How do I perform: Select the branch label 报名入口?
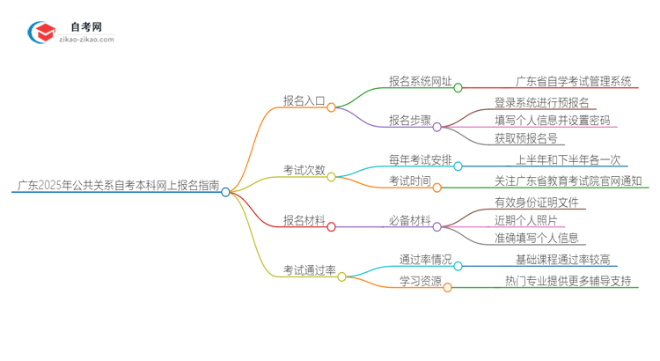tap(303, 101)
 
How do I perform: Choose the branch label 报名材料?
tap(303, 220)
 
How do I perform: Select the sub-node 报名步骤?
tap(410, 121)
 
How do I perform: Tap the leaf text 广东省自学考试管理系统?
tap(574, 82)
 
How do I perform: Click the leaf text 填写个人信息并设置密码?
tap(552, 121)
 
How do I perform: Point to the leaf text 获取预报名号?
tap(524, 138)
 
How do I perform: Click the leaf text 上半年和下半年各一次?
tap(568, 159)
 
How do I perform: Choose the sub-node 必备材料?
tap(410, 220)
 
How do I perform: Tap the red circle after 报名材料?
tap(332, 226)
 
